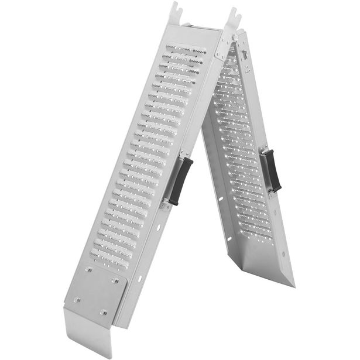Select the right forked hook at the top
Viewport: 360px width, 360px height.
234,18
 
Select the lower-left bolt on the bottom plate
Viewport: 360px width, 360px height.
76,300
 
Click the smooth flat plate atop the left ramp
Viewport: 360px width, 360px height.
196,34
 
